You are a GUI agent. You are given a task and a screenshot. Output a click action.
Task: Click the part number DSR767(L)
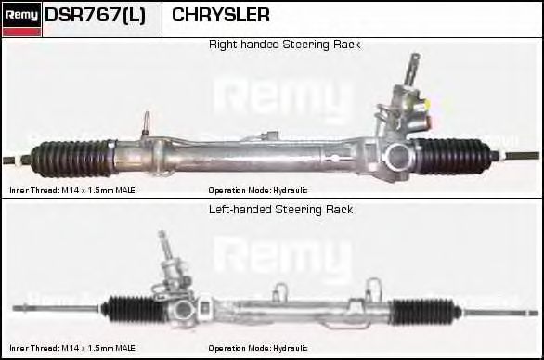tap(96, 16)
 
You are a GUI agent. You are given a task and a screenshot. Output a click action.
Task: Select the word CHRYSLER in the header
tap(221, 16)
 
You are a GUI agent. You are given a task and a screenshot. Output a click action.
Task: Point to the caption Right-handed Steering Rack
tap(284, 44)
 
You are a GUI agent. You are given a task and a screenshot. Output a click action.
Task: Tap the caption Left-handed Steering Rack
tap(280, 210)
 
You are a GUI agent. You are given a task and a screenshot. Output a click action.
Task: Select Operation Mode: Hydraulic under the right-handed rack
tap(258, 189)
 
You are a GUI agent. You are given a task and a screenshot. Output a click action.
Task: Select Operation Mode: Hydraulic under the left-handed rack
tap(258, 348)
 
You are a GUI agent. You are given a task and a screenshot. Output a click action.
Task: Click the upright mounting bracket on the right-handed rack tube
tap(148, 126)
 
